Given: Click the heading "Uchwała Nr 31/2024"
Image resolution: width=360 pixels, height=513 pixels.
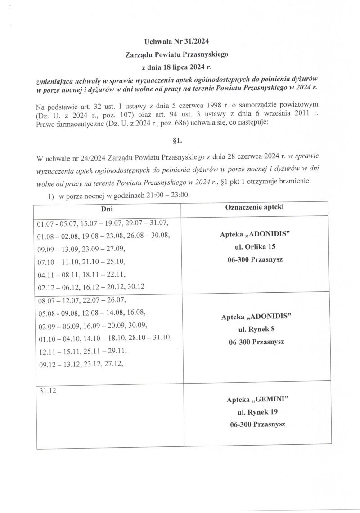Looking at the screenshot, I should (177, 42).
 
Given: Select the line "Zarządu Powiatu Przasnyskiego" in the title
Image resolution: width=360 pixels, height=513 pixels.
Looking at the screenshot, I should (177, 55).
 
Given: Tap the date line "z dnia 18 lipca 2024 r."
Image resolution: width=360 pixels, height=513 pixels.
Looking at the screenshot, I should (177, 68).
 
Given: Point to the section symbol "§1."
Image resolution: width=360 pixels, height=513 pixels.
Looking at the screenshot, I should (177, 141).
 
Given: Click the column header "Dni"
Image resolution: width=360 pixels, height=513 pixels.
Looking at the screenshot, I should (107, 209).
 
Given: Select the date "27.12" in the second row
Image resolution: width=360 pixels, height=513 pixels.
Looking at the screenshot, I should (114, 365).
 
